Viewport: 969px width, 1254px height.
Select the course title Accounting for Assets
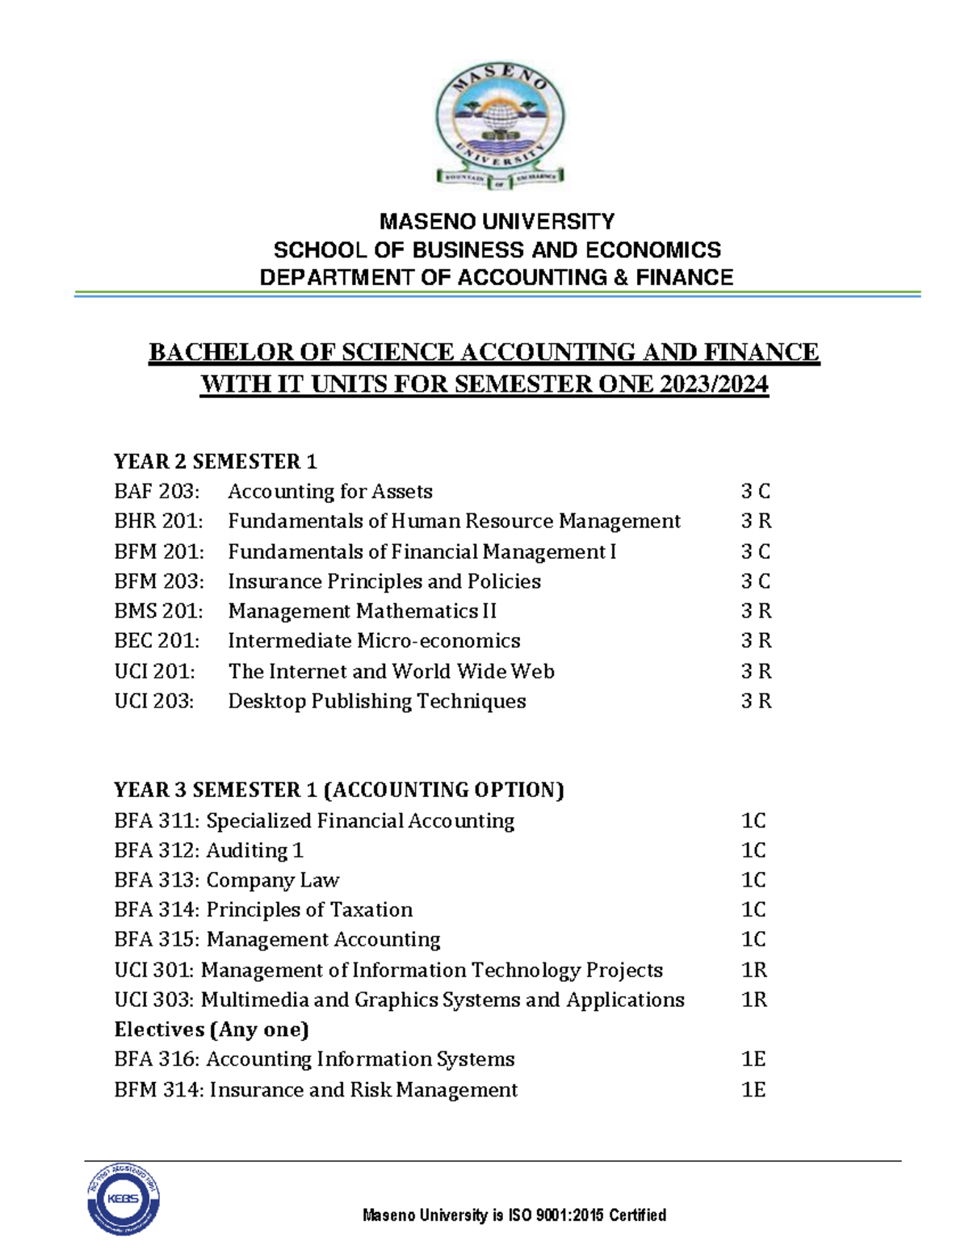329,491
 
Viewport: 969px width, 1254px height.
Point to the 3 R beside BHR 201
756,521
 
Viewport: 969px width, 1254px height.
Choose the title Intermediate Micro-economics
374,641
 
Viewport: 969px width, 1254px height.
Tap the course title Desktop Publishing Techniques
376,701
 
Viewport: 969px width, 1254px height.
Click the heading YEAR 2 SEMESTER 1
215,461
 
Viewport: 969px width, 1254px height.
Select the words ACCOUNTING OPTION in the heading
447,790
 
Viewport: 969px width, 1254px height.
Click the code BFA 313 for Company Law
157,880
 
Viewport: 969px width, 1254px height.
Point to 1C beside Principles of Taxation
753,910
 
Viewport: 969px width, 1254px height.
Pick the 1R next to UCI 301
753,970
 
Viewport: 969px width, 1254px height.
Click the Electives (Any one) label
212,1030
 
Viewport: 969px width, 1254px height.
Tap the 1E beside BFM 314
753,1090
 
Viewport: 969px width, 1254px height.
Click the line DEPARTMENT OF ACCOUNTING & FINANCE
496,278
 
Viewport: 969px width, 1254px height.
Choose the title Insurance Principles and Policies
384,581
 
